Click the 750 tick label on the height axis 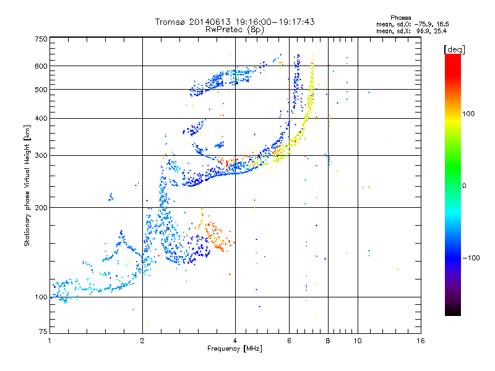pyautogui.click(x=41, y=39)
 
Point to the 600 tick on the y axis pyautogui.click(x=41, y=66)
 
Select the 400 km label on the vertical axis pyautogui.click(x=41, y=119)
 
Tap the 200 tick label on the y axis pyautogui.click(x=41, y=208)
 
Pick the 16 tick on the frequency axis pyautogui.click(x=421, y=341)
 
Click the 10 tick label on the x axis pyautogui.click(x=357, y=341)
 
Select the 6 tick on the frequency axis pyautogui.click(x=290, y=341)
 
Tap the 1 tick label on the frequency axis pyautogui.click(x=49, y=341)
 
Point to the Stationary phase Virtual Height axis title pyautogui.click(x=27, y=185)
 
